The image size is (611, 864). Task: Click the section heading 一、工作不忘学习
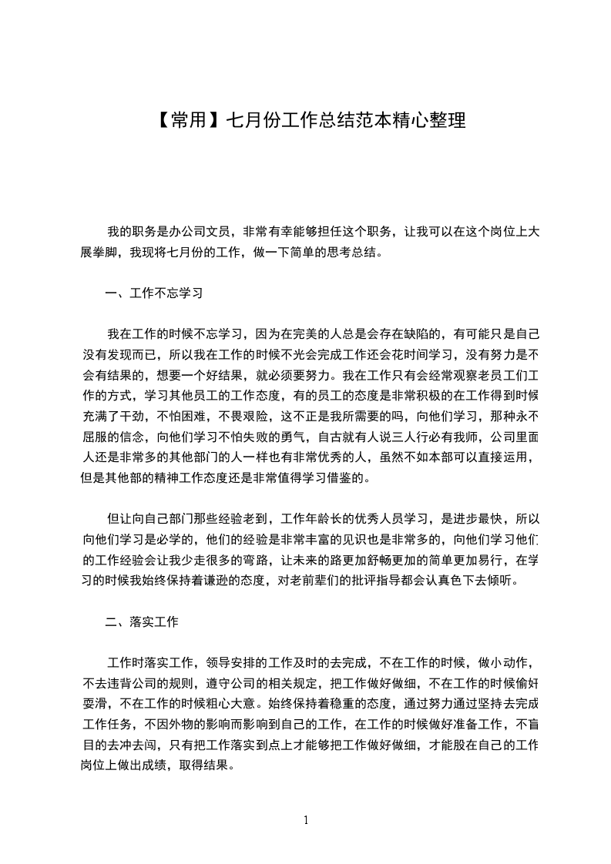[153, 293]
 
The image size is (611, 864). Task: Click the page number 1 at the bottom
[306, 820]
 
